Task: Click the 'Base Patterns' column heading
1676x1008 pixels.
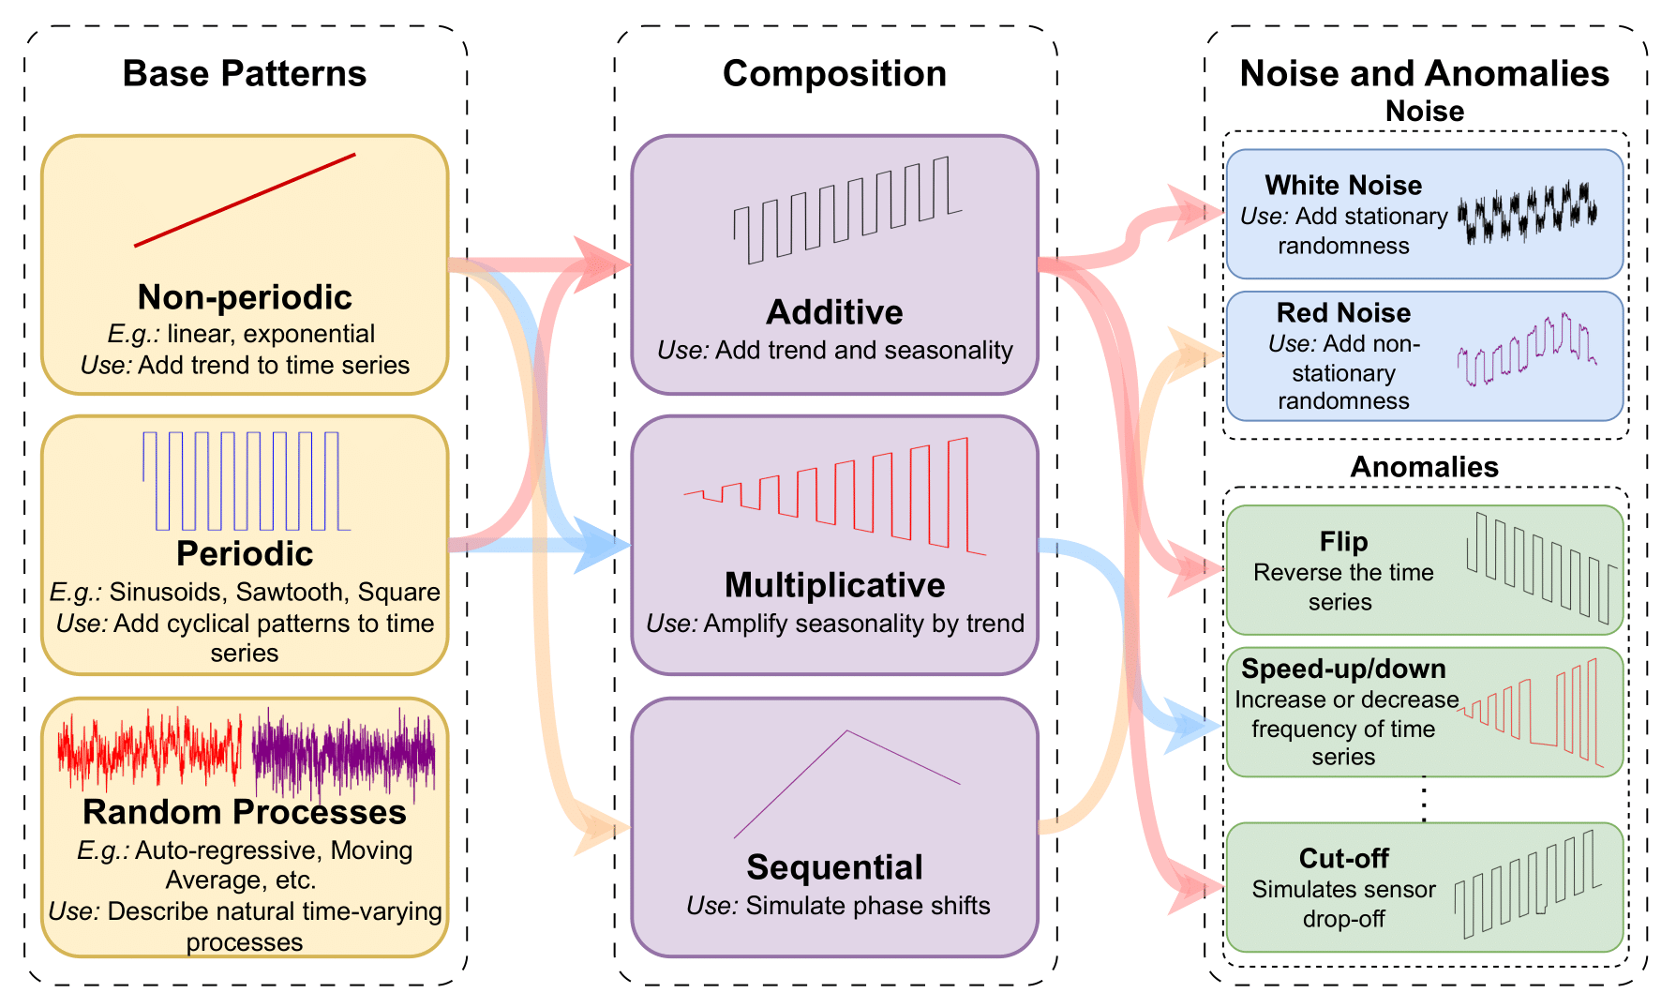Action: (244, 74)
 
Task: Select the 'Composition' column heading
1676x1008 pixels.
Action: (834, 74)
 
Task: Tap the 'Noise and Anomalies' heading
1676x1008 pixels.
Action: (1424, 74)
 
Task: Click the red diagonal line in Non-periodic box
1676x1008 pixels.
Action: (245, 201)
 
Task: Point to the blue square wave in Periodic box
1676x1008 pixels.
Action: (246, 481)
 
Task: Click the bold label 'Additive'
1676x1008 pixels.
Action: (834, 312)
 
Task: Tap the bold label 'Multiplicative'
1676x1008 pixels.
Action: (834, 585)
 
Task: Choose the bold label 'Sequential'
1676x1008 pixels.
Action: (834, 867)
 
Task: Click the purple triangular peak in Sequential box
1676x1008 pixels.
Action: (846, 750)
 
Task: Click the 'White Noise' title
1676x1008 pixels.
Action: (1342, 185)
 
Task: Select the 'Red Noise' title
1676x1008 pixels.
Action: (1342, 312)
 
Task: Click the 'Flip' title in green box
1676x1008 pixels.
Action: (1342, 541)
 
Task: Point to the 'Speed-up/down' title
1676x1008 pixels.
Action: (1342, 669)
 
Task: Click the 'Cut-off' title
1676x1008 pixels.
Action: (1342, 858)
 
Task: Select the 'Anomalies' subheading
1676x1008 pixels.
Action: (1424, 467)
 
